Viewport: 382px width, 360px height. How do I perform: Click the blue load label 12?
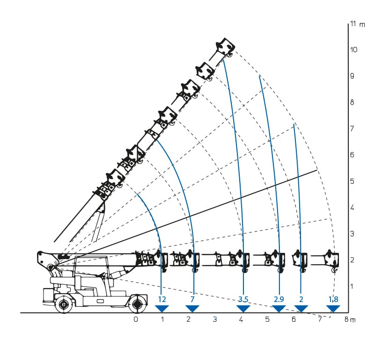[x=162, y=299]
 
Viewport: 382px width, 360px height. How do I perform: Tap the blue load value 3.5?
[x=243, y=299]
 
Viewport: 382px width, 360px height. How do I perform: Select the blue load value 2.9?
[x=279, y=299]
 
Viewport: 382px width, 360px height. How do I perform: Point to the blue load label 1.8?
[x=333, y=299]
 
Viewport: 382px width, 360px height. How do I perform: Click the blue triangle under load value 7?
[x=192, y=309]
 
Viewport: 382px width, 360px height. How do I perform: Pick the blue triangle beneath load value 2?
[x=301, y=309]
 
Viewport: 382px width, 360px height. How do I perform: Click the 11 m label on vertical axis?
[x=358, y=24]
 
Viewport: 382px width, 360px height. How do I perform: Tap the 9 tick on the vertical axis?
[x=352, y=76]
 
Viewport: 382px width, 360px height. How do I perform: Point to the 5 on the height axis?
[x=352, y=181]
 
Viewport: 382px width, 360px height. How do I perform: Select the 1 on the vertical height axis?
[x=352, y=286]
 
